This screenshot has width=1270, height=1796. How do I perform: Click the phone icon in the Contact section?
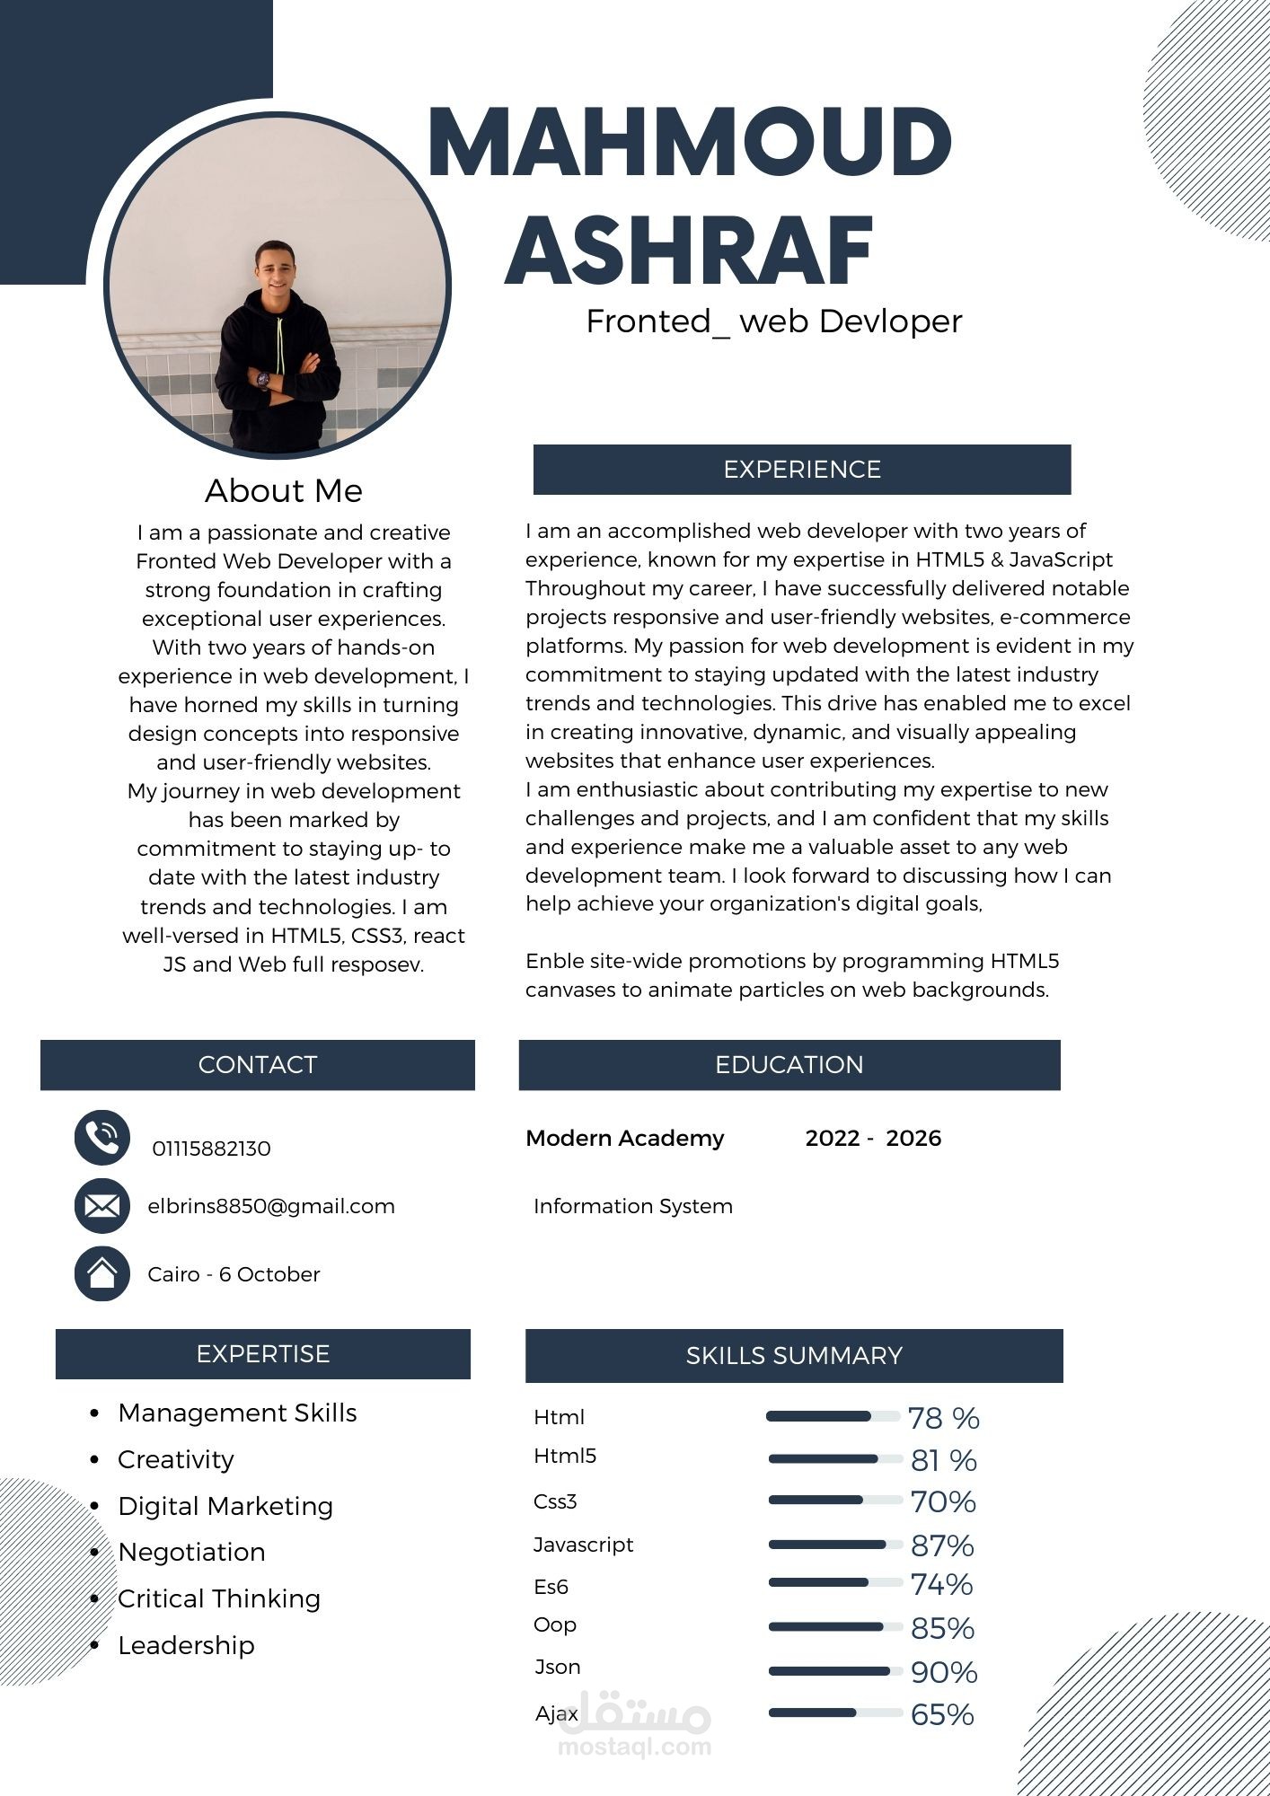click(x=102, y=1138)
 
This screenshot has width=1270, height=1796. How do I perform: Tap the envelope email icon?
click(x=102, y=1205)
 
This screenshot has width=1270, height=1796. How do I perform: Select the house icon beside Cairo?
click(x=102, y=1273)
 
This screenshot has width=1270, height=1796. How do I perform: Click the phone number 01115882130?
click(x=211, y=1149)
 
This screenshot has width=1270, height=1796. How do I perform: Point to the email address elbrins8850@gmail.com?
click(x=271, y=1206)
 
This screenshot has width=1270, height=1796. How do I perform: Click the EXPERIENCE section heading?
click(x=802, y=470)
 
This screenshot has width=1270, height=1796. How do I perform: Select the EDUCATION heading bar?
click(x=789, y=1065)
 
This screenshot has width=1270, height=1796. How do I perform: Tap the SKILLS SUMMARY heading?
click(x=794, y=1356)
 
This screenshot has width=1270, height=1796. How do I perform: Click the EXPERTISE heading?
click(x=263, y=1354)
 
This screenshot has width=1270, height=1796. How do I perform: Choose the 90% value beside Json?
click(x=944, y=1672)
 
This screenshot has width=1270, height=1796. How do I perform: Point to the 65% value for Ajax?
click(x=942, y=1714)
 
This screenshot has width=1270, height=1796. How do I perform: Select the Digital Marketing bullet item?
click(x=225, y=1506)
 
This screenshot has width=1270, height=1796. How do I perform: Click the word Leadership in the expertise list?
click(x=187, y=1645)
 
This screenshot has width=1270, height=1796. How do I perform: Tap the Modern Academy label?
click(x=625, y=1139)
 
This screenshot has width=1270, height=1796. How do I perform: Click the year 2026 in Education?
click(x=913, y=1139)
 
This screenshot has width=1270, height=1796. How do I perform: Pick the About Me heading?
click(x=284, y=491)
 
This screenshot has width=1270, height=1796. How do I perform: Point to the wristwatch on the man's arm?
click(x=262, y=379)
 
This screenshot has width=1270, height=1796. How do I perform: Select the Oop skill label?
click(x=555, y=1624)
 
